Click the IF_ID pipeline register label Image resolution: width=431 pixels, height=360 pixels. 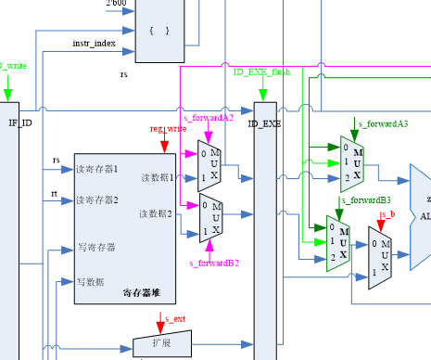pos(19,122)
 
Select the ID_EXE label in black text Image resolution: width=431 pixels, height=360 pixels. pos(264,122)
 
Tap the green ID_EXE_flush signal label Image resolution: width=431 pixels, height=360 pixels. pos(262,71)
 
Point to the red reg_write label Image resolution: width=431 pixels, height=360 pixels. pos(164,129)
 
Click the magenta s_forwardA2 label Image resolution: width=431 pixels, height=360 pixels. pos(209,118)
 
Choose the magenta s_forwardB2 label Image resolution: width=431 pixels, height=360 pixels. pos(214,264)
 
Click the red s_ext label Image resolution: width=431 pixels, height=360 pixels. pos(174,319)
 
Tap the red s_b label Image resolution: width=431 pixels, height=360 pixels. pos(388,214)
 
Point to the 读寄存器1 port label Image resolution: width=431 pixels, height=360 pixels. pos(97,169)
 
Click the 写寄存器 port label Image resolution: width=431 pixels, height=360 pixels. pos(95,248)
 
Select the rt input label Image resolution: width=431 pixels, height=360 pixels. pos(55,193)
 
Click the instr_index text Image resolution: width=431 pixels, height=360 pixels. pos(94,44)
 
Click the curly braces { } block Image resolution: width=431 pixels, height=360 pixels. pos(159,31)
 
